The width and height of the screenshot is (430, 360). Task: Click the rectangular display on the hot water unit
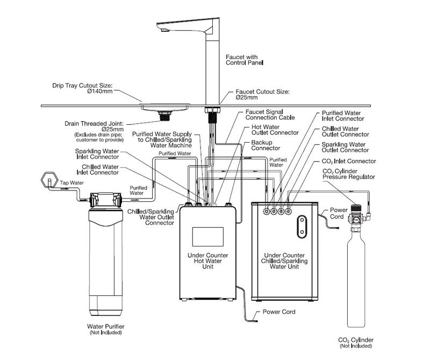pos(207,236)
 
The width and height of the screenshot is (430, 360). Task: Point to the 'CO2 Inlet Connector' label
pos(348,161)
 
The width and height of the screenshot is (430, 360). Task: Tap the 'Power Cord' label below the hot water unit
pos(279,312)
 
